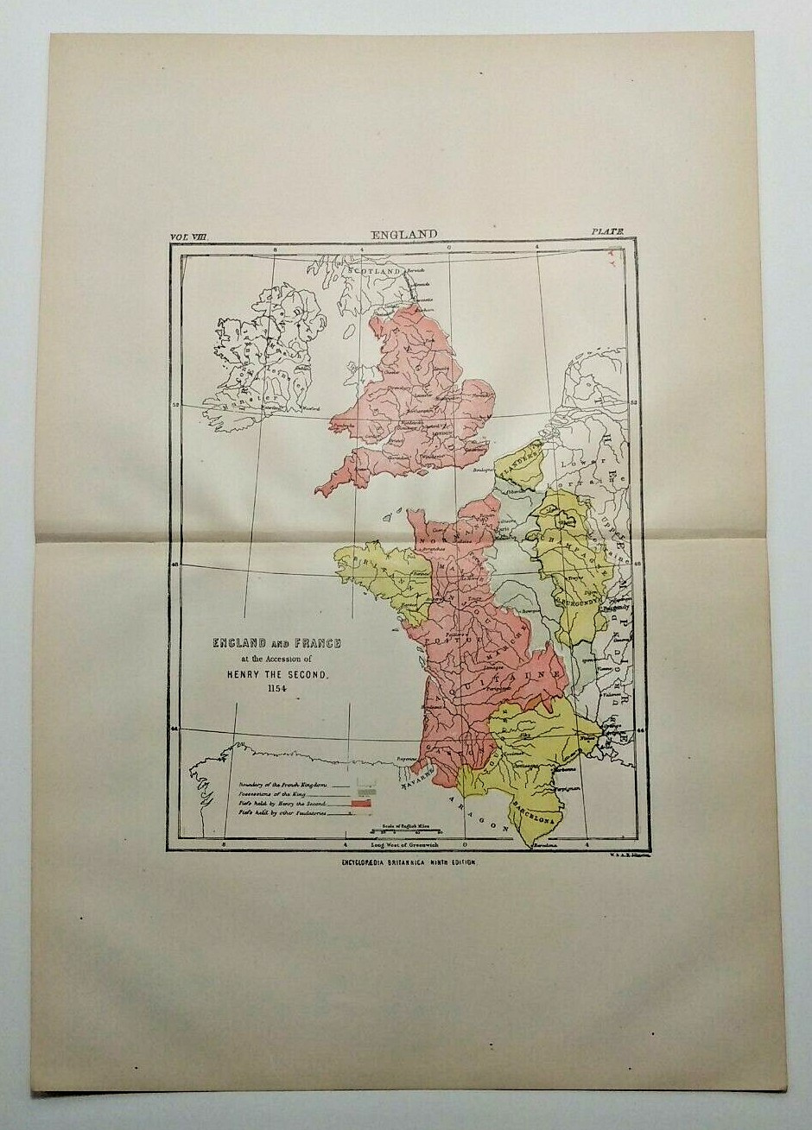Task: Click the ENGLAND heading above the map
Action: (404, 234)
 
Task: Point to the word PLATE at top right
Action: (607, 232)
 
